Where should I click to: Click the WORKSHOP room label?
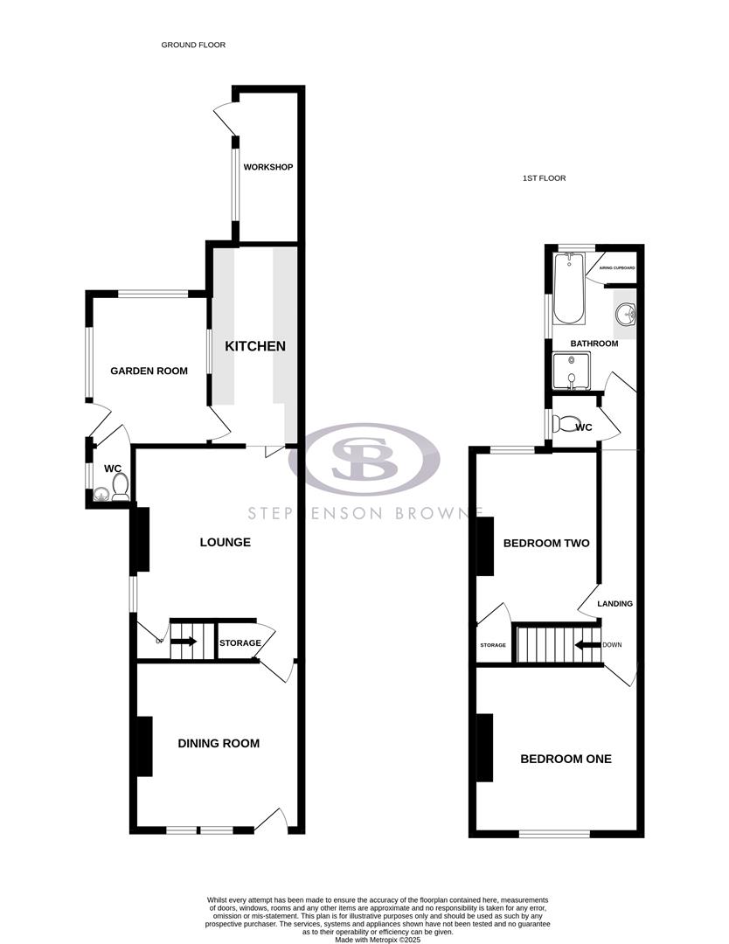(267, 167)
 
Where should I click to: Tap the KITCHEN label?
(255, 346)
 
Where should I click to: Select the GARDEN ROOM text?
(149, 371)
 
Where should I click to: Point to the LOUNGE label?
(226, 542)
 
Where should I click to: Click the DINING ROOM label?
(219, 744)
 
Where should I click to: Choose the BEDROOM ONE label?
(566, 759)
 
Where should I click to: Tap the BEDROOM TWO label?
(546, 543)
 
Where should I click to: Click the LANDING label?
(614, 604)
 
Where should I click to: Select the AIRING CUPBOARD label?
(616, 267)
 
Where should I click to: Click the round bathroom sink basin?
(626, 316)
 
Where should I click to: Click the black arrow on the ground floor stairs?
(184, 642)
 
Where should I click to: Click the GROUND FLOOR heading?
(193, 45)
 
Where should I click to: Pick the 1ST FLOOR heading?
(544, 178)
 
